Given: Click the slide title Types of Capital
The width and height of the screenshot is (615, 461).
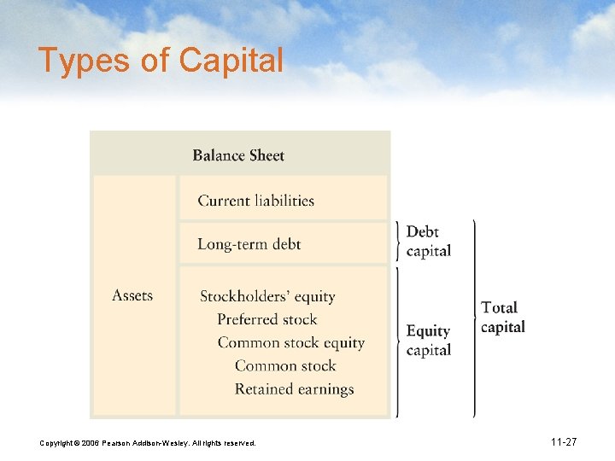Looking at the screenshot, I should (x=161, y=61).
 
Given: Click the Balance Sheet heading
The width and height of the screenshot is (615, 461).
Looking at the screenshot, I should (x=238, y=155).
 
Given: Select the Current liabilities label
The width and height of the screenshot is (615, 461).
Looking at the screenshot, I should (x=255, y=201).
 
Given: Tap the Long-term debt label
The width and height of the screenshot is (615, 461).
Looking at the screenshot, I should (x=249, y=244).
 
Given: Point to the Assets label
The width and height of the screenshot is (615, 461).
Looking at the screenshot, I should (x=132, y=295).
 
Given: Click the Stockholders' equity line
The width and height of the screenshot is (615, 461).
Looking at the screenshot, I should (x=267, y=296).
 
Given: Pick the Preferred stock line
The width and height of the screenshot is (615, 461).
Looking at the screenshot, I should (x=266, y=319).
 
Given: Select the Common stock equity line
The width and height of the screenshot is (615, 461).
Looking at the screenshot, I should (x=290, y=342).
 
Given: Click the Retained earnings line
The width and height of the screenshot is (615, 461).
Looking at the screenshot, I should (x=294, y=389).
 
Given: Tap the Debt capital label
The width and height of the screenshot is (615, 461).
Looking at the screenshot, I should (x=429, y=242).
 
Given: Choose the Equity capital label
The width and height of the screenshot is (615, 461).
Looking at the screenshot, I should (x=429, y=340).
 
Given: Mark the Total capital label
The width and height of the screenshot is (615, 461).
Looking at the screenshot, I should (x=503, y=317).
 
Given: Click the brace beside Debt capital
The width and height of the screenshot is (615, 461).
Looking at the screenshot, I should (x=397, y=241).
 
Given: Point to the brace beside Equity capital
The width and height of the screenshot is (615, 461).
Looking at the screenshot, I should (x=397, y=341).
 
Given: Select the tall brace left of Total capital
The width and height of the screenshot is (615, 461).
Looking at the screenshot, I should (x=474, y=318).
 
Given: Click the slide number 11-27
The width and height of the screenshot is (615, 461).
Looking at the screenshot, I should (x=564, y=442).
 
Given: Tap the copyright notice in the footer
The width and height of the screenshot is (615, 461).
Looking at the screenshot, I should (x=147, y=443).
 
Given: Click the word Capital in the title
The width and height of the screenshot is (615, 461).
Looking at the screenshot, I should (x=231, y=61).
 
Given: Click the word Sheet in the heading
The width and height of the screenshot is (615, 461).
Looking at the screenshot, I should (x=265, y=155).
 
